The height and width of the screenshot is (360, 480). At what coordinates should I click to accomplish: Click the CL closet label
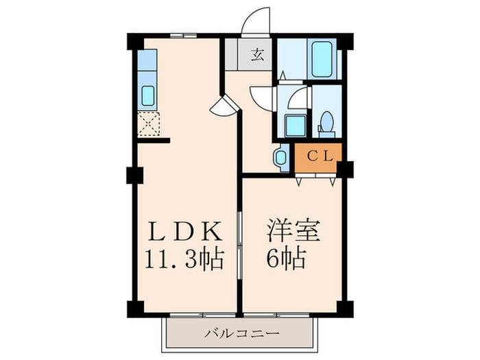point(320,156)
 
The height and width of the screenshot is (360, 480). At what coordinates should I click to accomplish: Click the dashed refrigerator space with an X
point(148,124)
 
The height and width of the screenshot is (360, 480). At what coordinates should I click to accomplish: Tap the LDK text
point(181,232)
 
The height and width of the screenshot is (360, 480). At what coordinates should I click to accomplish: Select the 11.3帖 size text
point(183,260)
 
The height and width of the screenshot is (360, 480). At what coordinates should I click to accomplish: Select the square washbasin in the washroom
point(296,125)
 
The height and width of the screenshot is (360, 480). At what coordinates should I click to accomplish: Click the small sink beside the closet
point(279,157)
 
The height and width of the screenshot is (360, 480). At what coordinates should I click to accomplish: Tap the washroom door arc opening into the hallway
point(262,95)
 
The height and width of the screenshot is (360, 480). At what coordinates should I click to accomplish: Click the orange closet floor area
point(320,157)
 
